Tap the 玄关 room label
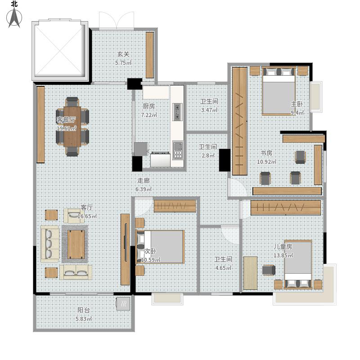(x=123, y=54)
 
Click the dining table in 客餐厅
(x=72, y=126)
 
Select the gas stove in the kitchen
(x=177, y=112)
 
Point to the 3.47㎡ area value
(x=209, y=110)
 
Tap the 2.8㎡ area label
(x=208, y=155)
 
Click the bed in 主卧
(x=279, y=91)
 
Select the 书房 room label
(x=266, y=153)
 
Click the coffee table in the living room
(x=76, y=244)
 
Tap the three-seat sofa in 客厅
(x=49, y=243)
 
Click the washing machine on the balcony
(x=123, y=304)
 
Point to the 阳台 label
(x=83, y=310)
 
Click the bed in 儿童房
(x=298, y=264)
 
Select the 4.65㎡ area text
(x=223, y=268)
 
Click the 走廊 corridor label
(x=144, y=181)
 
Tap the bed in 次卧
(x=161, y=247)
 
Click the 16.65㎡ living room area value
(x=87, y=216)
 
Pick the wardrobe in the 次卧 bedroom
(x=175, y=206)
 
